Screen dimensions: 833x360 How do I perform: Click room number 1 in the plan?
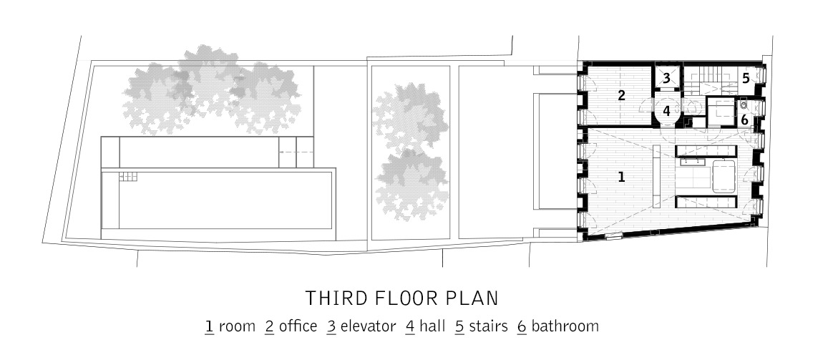click(x=622, y=177)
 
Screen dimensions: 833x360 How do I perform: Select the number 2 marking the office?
click(x=621, y=96)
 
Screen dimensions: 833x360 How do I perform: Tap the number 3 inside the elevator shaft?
click(x=666, y=79)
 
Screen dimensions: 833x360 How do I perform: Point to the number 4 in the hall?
click(x=666, y=112)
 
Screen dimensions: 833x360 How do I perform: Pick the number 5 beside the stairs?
click(x=746, y=79)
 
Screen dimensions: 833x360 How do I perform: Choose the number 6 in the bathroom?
click(x=745, y=120)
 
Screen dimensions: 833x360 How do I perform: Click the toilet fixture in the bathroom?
click(x=744, y=104)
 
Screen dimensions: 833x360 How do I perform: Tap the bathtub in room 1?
click(x=723, y=175)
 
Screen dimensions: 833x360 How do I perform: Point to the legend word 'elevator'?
click(x=368, y=326)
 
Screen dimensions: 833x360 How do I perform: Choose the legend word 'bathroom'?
click(x=565, y=326)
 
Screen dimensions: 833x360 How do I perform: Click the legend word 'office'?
click(x=298, y=326)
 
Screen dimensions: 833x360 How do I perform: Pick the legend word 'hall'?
click(x=432, y=326)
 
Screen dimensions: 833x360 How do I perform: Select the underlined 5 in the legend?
click(x=459, y=326)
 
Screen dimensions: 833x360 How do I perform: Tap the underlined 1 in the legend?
click(x=209, y=326)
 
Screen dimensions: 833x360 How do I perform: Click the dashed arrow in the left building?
click(x=290, y=152)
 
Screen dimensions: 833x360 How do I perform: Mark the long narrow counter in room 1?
click(x=656, y=173)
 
